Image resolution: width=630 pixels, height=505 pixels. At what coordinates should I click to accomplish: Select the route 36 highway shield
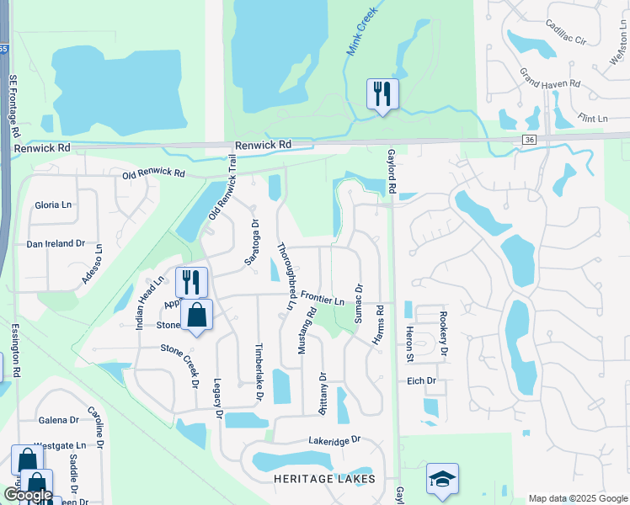pos(528,140)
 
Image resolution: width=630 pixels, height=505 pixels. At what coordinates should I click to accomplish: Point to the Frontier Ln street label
pos(323,300)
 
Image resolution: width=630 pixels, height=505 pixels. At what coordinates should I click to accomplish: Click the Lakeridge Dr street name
pos(334,440)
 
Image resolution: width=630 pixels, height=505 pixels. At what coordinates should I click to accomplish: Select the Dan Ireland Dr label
pos(56,243)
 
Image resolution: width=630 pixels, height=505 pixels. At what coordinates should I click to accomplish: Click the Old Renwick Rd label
pos(153,174)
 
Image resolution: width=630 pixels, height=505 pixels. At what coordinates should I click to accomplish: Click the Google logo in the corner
pos(29,495)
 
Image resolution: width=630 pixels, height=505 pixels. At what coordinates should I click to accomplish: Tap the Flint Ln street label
pos(591,119)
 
